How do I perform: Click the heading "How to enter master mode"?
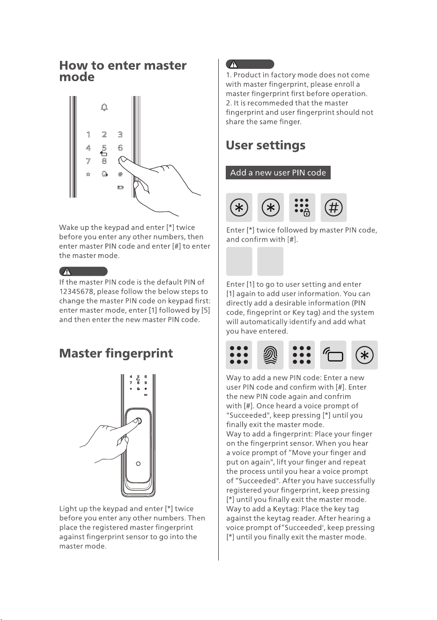(x=123, y=71)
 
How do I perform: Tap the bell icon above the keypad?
(x=104, y=107)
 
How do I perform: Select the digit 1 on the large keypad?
(x=89, y=135)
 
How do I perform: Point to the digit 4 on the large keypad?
(x=88, y=148)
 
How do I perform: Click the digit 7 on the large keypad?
(x=88, y=161)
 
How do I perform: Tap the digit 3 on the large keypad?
(x=120, y=135)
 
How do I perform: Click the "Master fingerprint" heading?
(x=116, y=354)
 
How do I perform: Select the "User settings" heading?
(x=266, y=146)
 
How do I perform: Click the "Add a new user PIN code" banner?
(x=278, y=172)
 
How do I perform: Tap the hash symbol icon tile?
(x=333, y=207)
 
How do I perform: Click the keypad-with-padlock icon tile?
(x=302, y=207)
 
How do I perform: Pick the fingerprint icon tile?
(x=270, y=355)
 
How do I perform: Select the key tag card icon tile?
(x=333, y=355)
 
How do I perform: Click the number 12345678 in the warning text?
(x=76, y=292)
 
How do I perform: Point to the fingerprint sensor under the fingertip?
(x=139, y=421)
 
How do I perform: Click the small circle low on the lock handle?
(x=138, y=464)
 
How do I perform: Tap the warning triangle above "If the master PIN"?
(x=67, y=272)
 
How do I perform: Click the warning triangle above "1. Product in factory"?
(x=233, y=65)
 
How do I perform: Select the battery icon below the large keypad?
(x=120, y=187)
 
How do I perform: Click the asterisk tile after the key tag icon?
(x=365, y=355)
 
